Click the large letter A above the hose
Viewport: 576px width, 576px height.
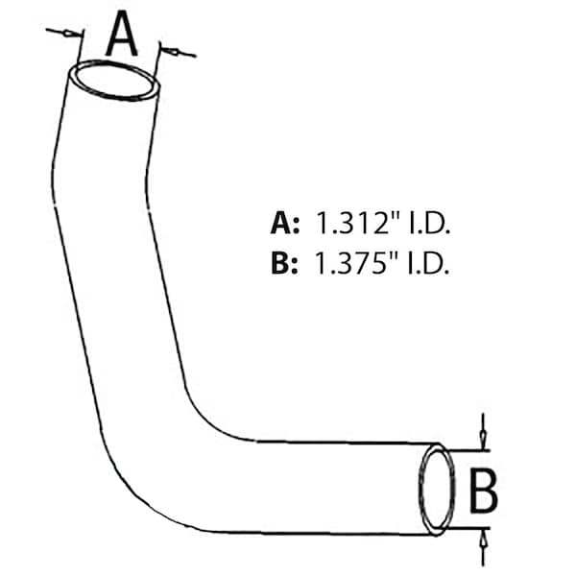coord(122,34)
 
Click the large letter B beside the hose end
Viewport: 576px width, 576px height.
coord(484,490)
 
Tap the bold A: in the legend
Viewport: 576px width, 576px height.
coord(285,223)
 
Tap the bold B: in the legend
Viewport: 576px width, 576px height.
coord(284,263)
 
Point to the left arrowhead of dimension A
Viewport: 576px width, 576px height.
coord(73,35)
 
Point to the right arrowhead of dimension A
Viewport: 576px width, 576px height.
coord(170,52)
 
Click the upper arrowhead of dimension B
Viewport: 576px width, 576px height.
coord(483,439)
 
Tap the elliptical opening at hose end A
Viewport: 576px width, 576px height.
coord(114,81)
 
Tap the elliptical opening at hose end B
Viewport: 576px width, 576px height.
coord(437,490)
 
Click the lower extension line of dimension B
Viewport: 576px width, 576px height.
coord(468,528)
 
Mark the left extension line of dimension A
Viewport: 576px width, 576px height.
coord(80,48)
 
